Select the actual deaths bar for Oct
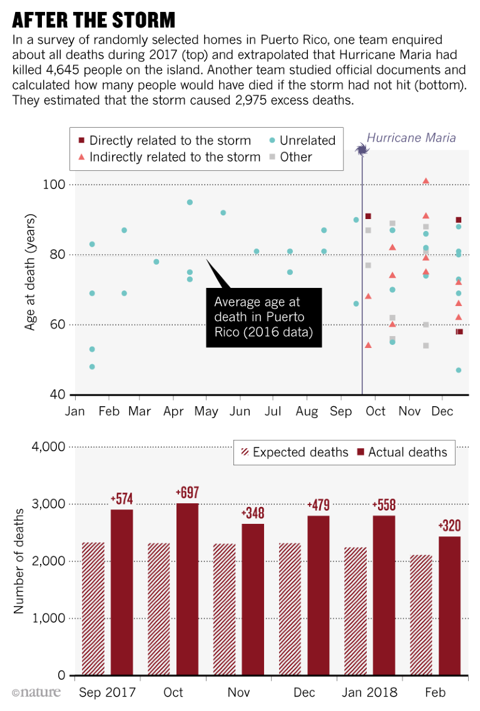click(187, 588)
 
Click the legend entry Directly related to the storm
click(163, 141)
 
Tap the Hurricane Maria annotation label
click(411, 138)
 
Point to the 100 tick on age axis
click(54, 185)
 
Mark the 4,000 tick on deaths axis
click(48, 447)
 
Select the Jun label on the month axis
click(240, 412)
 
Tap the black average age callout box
click(264, 318)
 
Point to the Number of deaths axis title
click(19, 561)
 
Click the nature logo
click(36, 692)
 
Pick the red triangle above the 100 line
click(426, 181)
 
